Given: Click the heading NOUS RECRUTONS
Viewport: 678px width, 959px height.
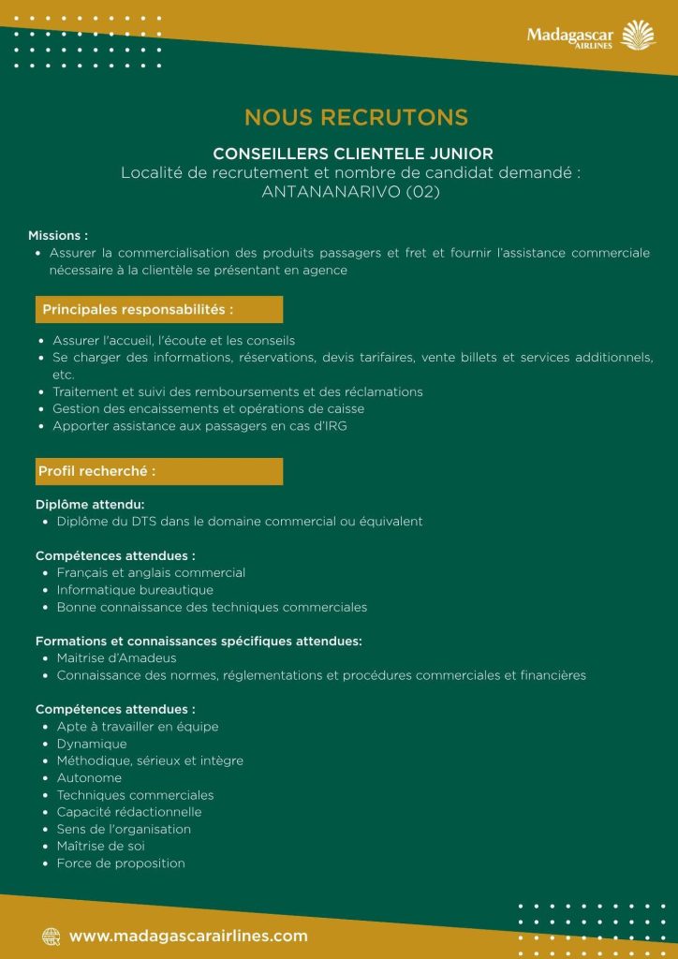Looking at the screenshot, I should click(356, 117).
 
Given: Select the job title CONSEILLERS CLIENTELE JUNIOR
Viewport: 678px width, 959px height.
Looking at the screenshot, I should click(353, 153).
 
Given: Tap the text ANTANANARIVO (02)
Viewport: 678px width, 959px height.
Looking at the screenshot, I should click(351, 192).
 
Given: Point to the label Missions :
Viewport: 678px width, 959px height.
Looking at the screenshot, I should click(58, 235).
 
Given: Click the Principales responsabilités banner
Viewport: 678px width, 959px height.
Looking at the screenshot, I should click(158, 309).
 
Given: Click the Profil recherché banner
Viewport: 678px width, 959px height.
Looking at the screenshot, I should click(158, 471).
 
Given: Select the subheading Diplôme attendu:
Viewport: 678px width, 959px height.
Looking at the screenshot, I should click(90, 504).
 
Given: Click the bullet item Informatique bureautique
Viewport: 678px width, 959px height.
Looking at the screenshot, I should click(135, 590).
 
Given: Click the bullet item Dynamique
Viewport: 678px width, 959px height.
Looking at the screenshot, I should click(92, 744).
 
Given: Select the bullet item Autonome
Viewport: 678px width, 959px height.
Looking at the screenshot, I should click(89, 778).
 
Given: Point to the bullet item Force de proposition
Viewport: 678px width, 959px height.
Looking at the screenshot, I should click(121, 863).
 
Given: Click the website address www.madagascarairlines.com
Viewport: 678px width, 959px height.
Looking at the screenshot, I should click(188, 936).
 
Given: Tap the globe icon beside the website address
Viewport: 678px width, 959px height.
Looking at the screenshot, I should click(51, 936).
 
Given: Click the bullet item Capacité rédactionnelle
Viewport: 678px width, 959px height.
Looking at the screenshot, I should click(128, 812).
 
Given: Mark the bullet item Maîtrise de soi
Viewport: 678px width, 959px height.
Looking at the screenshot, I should click(100, 847).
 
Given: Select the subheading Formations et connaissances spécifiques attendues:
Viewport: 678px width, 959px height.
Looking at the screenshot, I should click(199, 642).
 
